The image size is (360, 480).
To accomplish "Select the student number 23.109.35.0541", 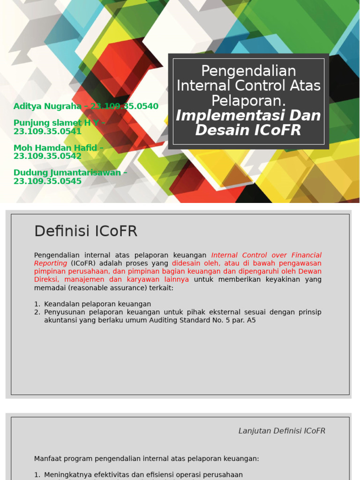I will tap(47, 131).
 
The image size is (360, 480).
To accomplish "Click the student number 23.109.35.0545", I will tap(47, 181).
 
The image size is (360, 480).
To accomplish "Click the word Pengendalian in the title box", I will tap(248, 71).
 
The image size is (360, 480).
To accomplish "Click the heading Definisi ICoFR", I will tap(86, 231).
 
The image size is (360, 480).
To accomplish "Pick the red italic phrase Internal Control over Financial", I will tap(266, 255).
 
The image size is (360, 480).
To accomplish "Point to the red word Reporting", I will tap(51, 263).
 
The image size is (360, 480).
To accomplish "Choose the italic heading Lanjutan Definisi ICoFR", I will tap(282, 431).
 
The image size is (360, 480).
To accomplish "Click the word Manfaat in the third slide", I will tap(48, 458).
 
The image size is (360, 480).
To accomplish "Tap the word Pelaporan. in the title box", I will tap(248, 100).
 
